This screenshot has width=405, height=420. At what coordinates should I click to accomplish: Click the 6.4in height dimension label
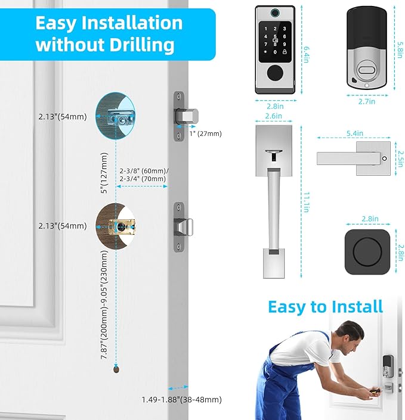coord(306,49)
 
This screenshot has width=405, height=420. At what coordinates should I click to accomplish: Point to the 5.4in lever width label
coord(356,133)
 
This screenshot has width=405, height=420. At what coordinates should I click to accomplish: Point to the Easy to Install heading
coord(325,307)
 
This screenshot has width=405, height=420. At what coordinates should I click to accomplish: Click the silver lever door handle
coord(349,158)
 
